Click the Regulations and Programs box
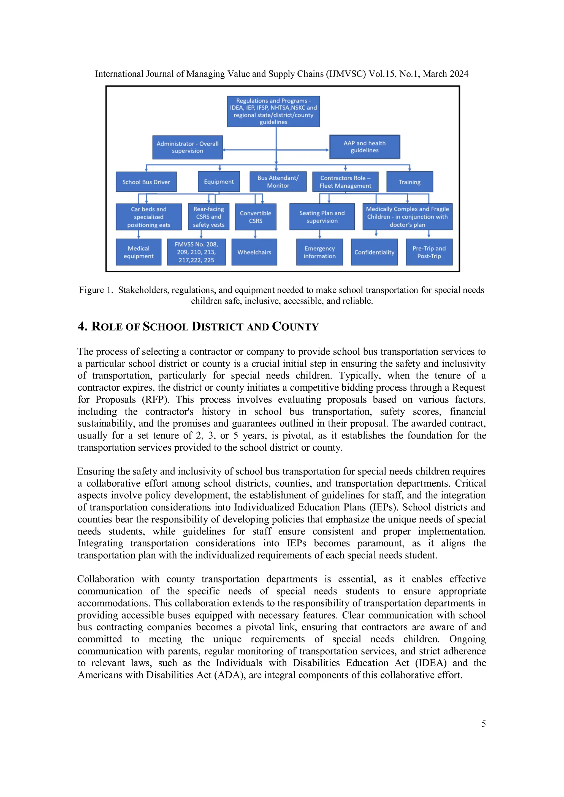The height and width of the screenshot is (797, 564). (x=273, y=111)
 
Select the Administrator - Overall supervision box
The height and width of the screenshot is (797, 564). (x=187, y=147)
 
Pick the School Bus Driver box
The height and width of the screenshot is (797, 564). (x=146, y=182)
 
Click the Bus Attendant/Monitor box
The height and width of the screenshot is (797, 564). (x=278, y=182)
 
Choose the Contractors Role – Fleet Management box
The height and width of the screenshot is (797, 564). (x=345, y=182)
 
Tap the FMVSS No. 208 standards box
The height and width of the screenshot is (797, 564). (x=196, y=252)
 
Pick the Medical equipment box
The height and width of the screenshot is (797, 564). (x=138, y=252)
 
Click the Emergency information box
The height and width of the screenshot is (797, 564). (x=319, y=252)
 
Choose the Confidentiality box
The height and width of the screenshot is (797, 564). (x=374, y=252)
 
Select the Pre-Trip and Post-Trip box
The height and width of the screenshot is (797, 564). (x=429, y=252)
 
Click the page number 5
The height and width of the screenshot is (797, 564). (x=483, y=724)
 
